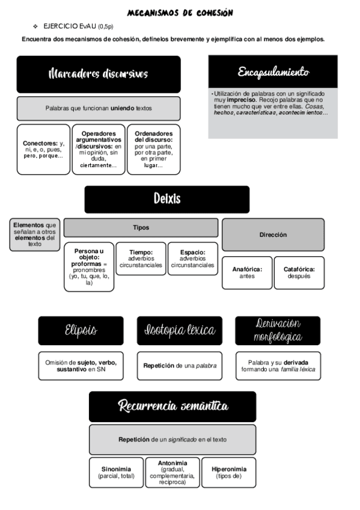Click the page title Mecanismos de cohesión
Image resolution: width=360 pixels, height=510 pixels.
click(x=180, y=13)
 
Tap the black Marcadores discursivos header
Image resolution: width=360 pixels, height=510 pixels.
click(x=99, y=74)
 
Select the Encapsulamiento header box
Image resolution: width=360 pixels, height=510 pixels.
click(x=273, y=72)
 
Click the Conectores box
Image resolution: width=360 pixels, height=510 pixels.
click(x=44, y=149)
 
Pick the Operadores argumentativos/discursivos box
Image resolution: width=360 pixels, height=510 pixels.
click(x=99, y=149)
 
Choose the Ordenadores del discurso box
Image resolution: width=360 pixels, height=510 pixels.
click(x=153, y=149)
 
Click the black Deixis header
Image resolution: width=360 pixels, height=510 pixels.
click(x=166, y=199)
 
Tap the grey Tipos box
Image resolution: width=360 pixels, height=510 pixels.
click(x=141, y=228)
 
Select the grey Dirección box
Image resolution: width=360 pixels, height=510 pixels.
click(x=273, y=235)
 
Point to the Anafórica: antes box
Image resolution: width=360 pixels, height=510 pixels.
click(x=247, y=272)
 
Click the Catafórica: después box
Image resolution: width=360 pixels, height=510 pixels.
click(x=299, y=272)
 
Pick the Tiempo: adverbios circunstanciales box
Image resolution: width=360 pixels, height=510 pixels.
click(x=141, y=259)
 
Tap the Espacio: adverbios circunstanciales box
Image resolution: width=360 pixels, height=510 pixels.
click(x=192, y=259)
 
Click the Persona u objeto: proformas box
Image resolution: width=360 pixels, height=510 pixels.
click(x=89, y=266)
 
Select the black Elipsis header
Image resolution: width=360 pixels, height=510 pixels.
click(x=81, y=331)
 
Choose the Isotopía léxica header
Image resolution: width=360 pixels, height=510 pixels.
click(x=179, y=331)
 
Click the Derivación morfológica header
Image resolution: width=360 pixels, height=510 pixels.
click(x=278, y=331)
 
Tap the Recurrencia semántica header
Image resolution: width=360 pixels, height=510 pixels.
click(x=172, y=407)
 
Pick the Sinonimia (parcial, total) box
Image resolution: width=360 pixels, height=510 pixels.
click(x=116, y=473)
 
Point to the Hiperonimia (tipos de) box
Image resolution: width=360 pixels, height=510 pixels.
click(x=228, y=473)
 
